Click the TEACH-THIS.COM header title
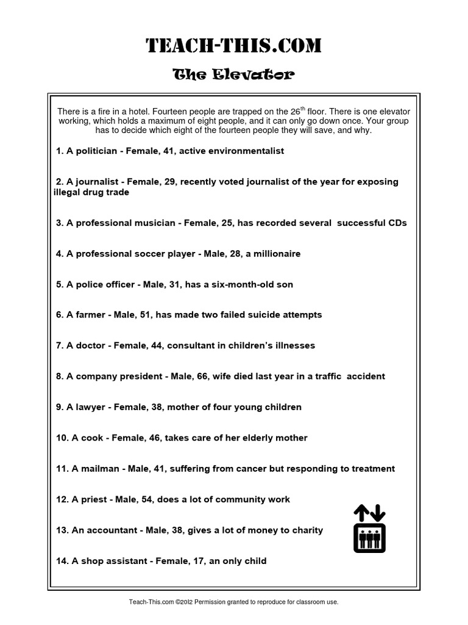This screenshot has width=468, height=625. pyautogui.click(x=234, y=45)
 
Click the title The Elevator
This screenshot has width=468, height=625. pyautogui.click(x=234, y=75)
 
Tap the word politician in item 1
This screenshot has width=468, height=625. pyautogui.click(x=97, y=151)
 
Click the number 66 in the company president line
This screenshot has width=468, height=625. pyautogui.click(x=197, y=377)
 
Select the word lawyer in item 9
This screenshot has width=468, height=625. pyautogui.click(x=90, y=407)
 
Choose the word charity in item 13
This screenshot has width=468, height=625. pyautogui.click(x=307, y=530)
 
